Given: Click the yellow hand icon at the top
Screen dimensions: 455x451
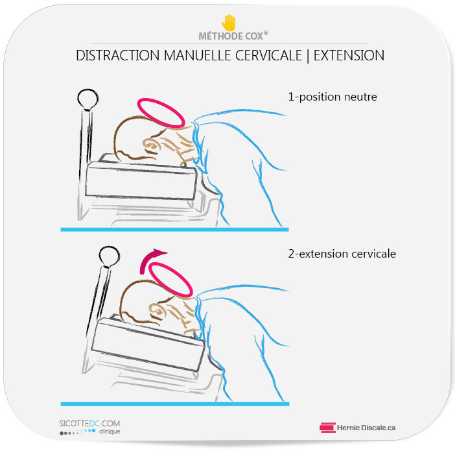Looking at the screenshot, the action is (229, 23).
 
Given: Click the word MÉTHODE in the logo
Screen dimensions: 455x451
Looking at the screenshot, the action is (220, 36).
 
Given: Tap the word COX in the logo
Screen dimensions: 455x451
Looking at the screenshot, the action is (254, 36).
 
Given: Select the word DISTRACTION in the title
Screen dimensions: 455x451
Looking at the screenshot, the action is (118, 56).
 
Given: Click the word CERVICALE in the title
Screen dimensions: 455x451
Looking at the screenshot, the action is (269, 56).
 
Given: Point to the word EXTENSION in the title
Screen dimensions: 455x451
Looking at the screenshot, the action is (349, 56).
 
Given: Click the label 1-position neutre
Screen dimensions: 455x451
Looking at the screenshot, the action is (332, 97).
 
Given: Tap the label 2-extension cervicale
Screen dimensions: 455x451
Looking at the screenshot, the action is (342, 254).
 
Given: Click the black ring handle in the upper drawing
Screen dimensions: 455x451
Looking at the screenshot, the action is (88, 90).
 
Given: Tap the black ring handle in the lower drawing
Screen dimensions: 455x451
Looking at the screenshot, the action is (110, 248).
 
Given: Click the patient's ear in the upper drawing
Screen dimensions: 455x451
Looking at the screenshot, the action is (152, 145).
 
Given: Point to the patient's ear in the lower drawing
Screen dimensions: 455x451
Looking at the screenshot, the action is (157, 310).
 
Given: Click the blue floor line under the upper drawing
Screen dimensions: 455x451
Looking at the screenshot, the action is (174, 230).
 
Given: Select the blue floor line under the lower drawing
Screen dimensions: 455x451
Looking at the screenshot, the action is (175, 404).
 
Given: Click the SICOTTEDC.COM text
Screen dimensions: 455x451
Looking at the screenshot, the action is (89, 423).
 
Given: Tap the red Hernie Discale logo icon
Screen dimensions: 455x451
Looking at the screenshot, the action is (327, 428).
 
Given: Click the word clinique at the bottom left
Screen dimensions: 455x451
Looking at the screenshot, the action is (110, 432).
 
